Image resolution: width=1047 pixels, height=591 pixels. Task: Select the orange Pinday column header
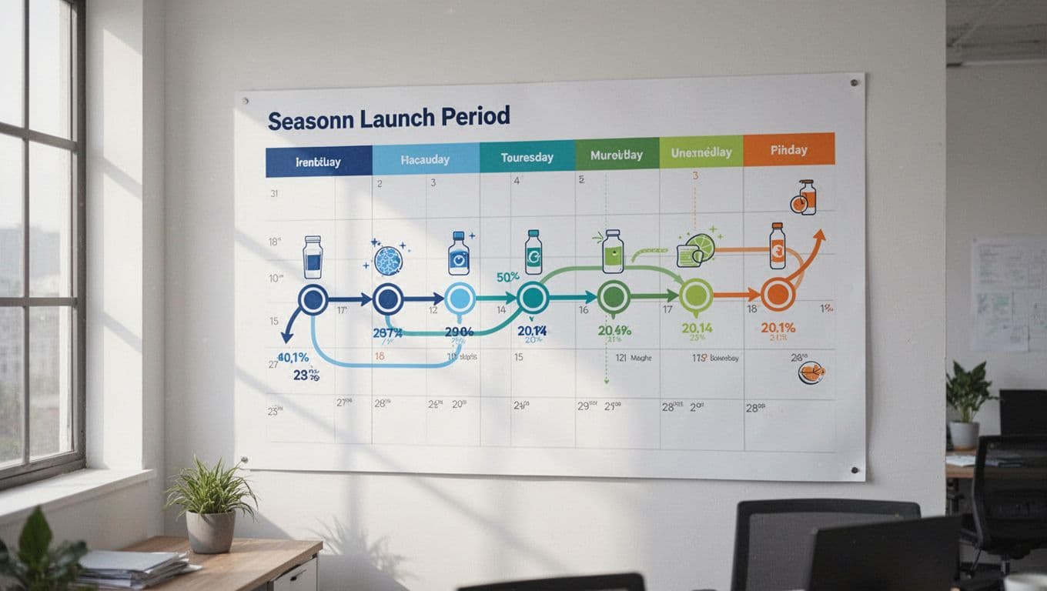click(x=789, y=149)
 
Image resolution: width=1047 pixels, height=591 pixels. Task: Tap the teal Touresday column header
click(x=527, y=157)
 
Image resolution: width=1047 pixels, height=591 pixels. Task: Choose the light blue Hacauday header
click(x=425, y=160)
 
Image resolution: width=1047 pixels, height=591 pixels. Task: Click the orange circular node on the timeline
click(x=778, y=295)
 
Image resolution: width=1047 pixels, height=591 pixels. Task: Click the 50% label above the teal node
click(x=507, y=277)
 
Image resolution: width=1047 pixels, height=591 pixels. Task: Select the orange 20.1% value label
click(x=778, y=328)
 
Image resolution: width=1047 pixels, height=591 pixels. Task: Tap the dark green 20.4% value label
click(x=614, y=330)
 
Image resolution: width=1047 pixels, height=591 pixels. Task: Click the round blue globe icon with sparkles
click(x=388, y=259)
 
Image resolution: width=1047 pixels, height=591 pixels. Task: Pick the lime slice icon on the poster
click(x=701, y=247)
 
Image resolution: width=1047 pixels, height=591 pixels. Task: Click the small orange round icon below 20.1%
click(x=811, y=372)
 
